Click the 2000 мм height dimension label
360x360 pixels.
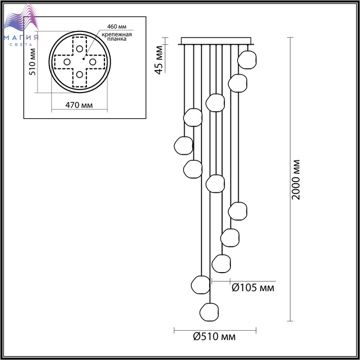click(x=296, y=179)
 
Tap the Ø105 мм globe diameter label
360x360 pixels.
click(x=253, y=287)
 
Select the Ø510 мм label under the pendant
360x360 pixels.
click(x=214, y=336)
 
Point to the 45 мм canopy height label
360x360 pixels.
click(x=158, y=60)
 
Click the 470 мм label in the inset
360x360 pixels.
click(x=79, y=105)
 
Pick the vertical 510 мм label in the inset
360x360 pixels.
click(x=32, y=62)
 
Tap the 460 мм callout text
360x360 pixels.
click(x=117, y=27)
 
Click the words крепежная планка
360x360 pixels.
click(x=117, y=37)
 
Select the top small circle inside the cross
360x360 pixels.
click(x=79, y=49)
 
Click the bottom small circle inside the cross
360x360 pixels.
click(x=79, y=75)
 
